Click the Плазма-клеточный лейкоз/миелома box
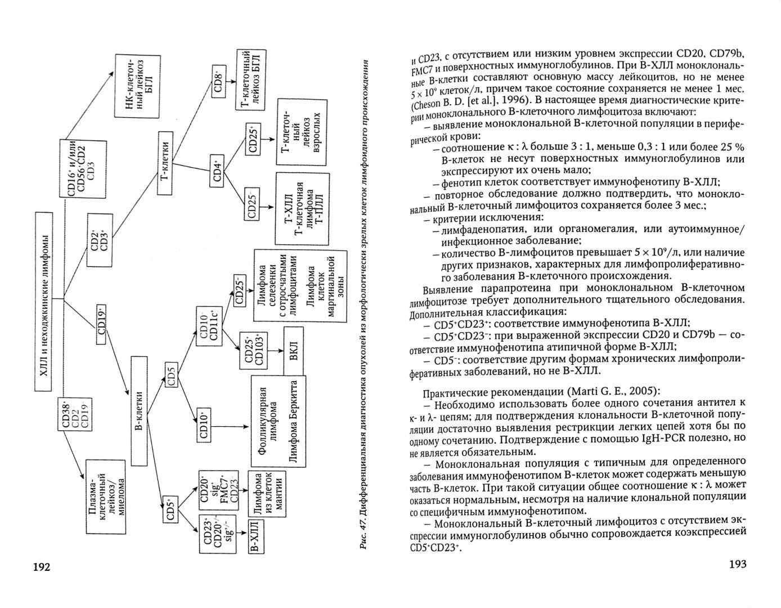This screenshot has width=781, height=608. point(105,496)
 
